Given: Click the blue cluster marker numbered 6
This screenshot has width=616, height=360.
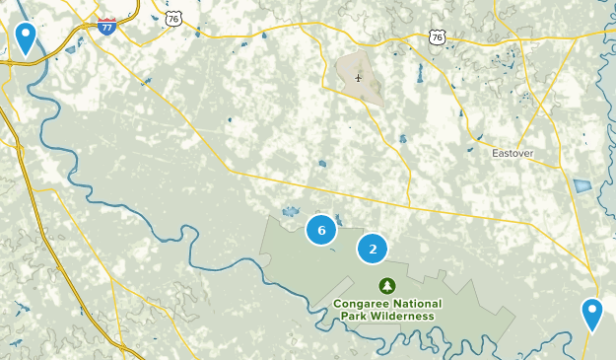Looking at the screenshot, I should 320,230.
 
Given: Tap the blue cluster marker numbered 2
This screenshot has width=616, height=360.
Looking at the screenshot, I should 373,249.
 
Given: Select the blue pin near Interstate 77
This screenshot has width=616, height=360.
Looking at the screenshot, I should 26,38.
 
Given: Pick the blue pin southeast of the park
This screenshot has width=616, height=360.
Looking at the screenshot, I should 591,315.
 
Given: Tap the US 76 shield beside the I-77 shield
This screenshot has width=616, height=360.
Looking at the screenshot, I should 173,19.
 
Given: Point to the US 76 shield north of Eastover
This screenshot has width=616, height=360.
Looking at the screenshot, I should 438,36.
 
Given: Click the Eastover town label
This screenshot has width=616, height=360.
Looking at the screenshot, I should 513,154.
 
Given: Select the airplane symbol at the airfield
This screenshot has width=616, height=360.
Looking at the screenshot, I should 358,77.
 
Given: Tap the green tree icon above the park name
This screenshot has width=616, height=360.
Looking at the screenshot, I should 388,285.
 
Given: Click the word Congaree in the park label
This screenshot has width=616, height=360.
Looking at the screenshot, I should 359,304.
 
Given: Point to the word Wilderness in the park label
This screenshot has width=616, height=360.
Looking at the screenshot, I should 400,316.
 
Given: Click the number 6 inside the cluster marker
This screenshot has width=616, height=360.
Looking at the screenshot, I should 320,230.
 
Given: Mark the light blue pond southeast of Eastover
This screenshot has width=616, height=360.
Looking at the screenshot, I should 582,185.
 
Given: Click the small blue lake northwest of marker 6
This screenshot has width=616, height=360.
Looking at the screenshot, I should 290,211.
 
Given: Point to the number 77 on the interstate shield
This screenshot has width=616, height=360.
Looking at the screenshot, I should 106,28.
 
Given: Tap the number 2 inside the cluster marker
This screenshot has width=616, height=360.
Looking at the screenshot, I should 373,249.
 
